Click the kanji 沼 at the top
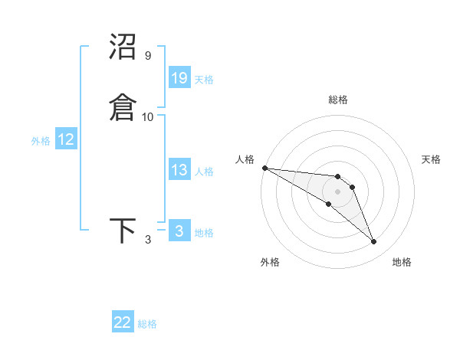123,47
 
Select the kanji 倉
123,106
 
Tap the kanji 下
123,231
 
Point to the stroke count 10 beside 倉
148,116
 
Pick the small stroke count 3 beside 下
148,240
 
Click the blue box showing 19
179,77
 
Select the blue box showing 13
179,170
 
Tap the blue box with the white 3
179,231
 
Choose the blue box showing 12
66,139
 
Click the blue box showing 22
123,322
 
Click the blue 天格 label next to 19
204,79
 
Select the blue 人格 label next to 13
204,172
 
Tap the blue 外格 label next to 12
41,141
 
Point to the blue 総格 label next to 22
147,324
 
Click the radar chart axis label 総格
338,100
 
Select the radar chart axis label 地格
402,263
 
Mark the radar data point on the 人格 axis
264,168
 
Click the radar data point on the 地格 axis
374,242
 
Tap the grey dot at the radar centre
337,191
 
